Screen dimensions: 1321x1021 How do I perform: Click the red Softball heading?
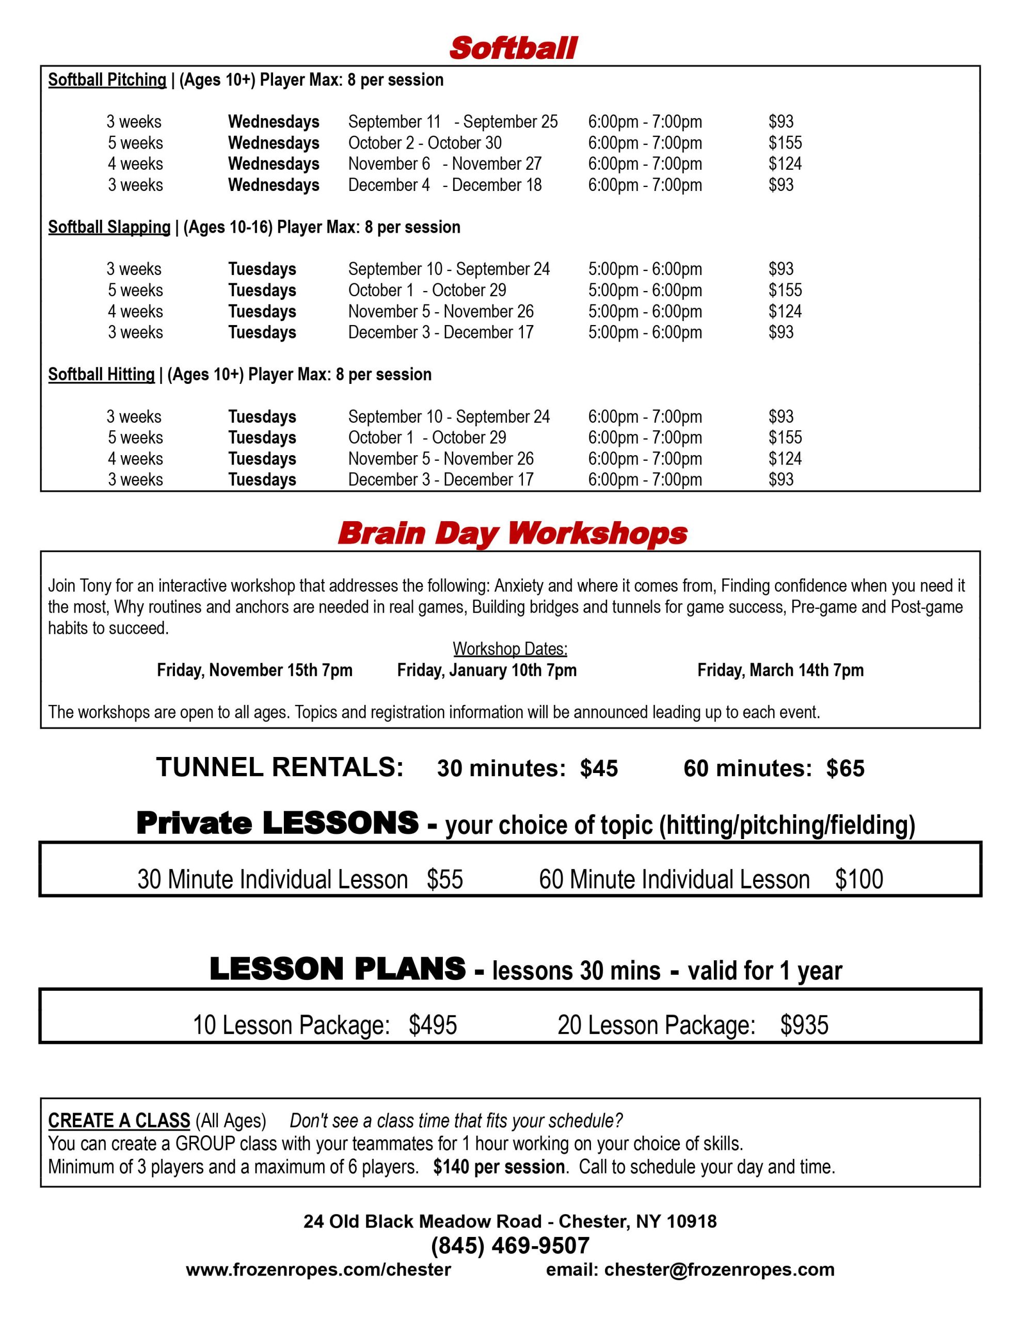pos(513,49)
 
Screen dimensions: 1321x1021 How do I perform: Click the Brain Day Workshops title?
pos(512,534)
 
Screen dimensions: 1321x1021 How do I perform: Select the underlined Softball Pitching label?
pos(107,80)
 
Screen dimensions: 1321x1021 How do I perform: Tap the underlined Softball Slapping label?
pos(109,228)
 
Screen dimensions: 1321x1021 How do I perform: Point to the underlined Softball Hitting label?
pos(101,375)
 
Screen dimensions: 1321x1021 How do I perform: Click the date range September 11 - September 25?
pos(453,122)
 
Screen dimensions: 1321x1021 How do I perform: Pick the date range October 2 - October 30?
pos(425,143)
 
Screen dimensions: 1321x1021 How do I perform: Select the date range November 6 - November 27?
pos(444,164)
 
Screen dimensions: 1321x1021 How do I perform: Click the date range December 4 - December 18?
pos(444,185)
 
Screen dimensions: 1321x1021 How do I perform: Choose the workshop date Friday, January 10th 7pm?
pos(487,670)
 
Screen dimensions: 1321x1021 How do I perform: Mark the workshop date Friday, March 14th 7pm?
pos(780,670)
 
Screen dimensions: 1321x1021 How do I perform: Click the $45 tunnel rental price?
pos(599,768)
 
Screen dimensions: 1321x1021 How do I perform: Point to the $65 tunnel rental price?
pos(845,768)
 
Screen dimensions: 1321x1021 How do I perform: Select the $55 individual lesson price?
pos(444,880)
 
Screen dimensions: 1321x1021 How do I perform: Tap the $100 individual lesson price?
pos(859,880)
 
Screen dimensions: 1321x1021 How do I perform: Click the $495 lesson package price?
pos(432,1025)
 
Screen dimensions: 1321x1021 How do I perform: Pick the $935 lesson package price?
pos(804,1025)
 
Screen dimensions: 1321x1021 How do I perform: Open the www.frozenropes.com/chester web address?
pos(318,1269)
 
